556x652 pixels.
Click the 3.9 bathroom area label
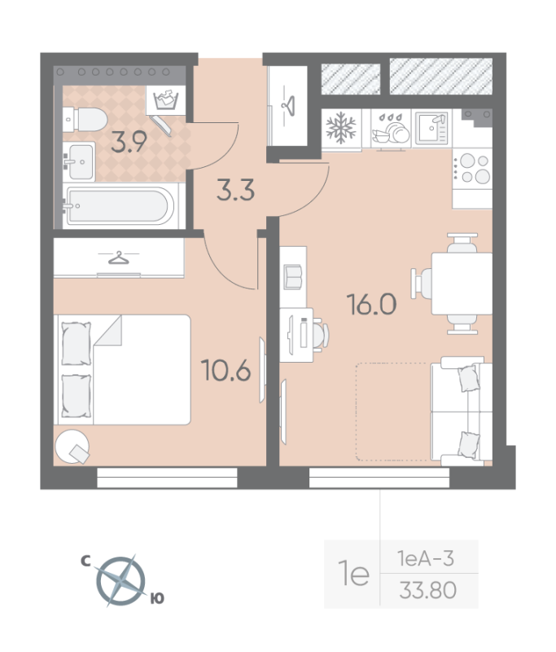[x=129, y=143]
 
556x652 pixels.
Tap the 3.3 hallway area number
[x=236, y=192]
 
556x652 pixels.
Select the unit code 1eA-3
[x=425, y=558]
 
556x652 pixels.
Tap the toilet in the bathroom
[x=81, y=120]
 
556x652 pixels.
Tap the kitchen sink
[x=431, y=127]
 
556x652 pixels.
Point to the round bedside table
[x=72, y=445]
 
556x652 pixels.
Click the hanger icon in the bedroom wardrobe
[x=119, y=258]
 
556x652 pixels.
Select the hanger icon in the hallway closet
[x=287, y=104]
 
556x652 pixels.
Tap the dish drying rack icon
[x=390, y=128]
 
